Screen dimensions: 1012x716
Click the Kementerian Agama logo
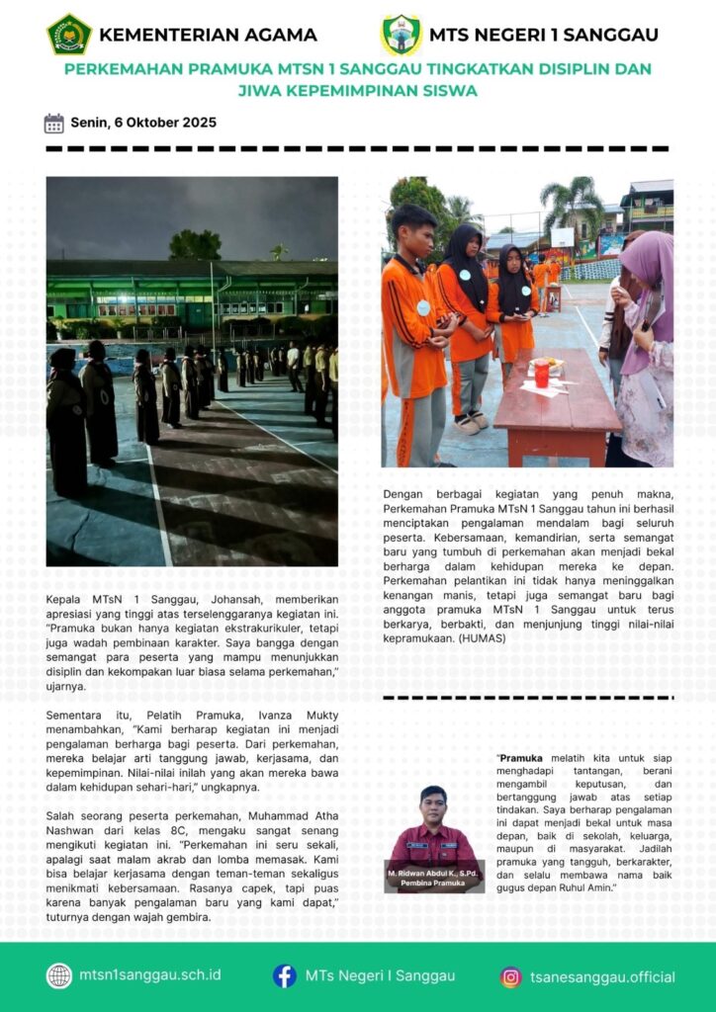click(69, 35)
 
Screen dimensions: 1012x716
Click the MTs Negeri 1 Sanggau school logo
click(401, 35)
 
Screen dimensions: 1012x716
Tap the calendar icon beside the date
click(54, 124)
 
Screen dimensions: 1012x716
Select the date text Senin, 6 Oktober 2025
click(143, 124)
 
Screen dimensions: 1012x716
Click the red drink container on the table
click(541, 374)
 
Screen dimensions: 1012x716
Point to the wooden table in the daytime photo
click(559, 405)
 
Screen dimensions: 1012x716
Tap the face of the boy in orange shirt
click(417, 235)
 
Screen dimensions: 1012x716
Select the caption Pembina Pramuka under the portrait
click(433, 883)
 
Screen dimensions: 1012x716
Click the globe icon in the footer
click(59, 975)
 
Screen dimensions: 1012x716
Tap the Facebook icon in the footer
click(285, 975)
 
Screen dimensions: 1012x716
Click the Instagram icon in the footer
click(511, 977)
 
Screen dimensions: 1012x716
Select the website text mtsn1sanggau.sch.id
click(150, 975)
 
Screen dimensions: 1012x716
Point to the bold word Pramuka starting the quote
click(520, 758)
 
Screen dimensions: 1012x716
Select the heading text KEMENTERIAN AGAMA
click(208, 35)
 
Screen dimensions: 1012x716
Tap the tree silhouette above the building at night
click(195, 244)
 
